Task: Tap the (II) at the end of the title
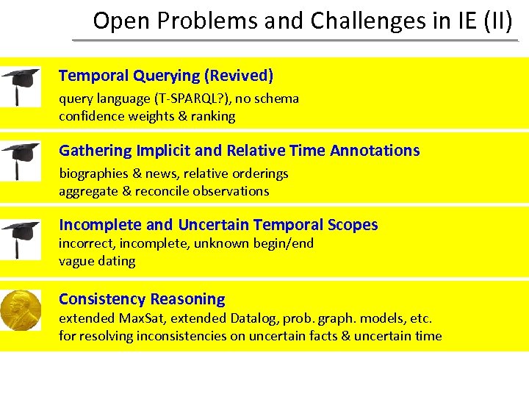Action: tap(498, 21)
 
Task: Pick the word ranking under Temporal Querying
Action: tap(213, 116)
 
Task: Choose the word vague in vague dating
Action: tap(75, 261)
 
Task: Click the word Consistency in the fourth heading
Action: tap(102, 299)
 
